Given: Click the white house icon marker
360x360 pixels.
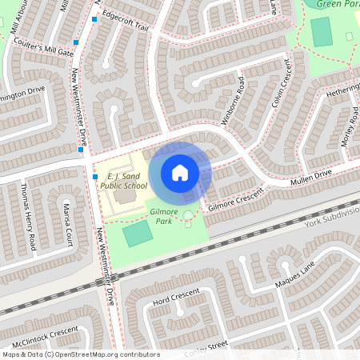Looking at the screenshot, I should [180, 172].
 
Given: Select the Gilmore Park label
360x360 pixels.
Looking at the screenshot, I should [164, 215].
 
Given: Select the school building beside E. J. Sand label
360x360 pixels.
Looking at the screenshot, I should [124, 194].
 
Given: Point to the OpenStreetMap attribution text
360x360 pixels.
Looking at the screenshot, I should [81, 354].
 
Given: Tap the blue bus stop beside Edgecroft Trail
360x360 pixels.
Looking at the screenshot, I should [94, 18].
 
